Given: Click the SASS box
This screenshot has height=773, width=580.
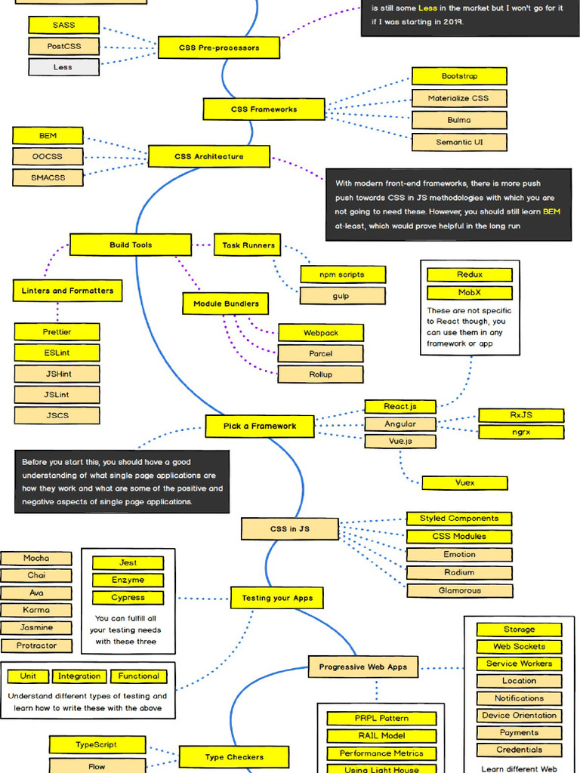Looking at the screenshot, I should coord(63,25).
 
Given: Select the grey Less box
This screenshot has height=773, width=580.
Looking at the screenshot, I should coord(63,67).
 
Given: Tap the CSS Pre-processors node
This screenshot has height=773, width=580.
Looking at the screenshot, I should coord(219,48).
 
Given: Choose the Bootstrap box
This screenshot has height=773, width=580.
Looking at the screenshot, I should coord(459,76).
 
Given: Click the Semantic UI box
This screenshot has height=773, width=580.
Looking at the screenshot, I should coord(459,142).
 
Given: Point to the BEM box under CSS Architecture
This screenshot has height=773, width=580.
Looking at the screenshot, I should coord(48,136).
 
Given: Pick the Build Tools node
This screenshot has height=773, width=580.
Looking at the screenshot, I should coord(131,245).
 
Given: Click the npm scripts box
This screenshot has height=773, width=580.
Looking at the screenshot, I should coord(343,274).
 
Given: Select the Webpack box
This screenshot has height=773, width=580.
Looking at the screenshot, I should coord(321,333).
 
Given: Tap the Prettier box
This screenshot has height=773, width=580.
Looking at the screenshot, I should coord(57,331).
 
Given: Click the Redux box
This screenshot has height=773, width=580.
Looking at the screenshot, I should coord(470,275).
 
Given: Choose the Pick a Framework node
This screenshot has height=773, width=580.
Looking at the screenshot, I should coord(260,426).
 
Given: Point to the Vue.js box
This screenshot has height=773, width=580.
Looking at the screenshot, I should coord(390,441).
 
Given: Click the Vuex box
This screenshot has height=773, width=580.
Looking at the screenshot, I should coord(464,482).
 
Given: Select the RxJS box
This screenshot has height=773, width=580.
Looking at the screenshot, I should coord(521,415).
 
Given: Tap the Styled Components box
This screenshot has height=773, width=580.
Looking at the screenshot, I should coord(459,519).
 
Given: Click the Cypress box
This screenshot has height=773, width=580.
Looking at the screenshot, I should coord(128,598).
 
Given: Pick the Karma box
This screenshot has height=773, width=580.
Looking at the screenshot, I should coord(36,610).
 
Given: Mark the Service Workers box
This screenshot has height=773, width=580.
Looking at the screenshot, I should coord(519,664).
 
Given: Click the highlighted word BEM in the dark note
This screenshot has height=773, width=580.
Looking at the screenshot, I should coord(551,211).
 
